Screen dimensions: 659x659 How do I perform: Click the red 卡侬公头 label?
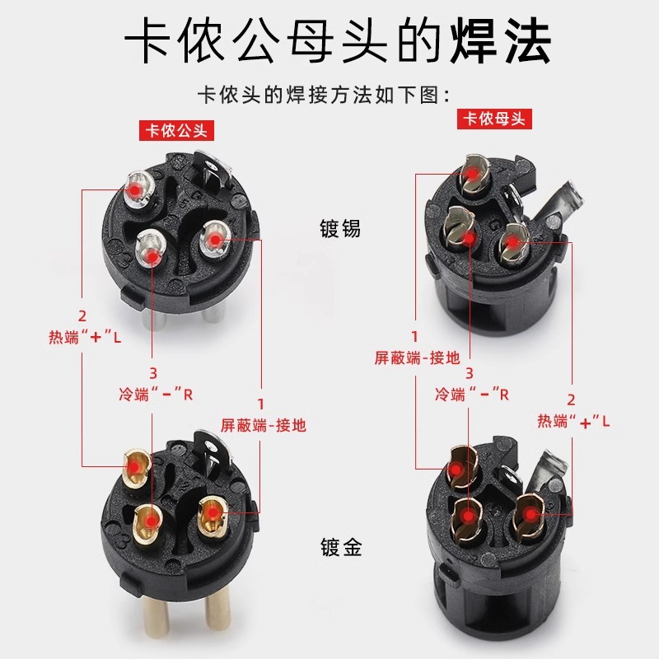[x=176, y=131]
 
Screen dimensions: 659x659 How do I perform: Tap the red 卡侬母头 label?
[x=494, y=119]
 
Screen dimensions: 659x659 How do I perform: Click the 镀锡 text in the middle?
[x=340, y=229]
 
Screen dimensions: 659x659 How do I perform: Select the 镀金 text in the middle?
[x=341, y=547]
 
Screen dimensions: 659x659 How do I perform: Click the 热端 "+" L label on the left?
[x=85, y=337]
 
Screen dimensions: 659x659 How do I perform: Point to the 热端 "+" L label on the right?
[x=573, y=421]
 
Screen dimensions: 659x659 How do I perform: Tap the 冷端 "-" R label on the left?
[x=156, y=395]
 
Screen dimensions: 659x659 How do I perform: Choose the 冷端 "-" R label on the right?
[x=472, y=395]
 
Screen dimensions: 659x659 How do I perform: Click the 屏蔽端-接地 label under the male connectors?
[x=264, y=426]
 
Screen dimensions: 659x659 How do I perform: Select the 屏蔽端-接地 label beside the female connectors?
[x=418, y=358]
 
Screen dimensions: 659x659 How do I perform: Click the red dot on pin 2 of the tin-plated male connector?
[x=135, y=190]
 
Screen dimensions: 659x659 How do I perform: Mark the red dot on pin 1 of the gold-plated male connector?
[x=213, y=512]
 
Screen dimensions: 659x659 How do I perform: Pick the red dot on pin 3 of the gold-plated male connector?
[x=152, y=522]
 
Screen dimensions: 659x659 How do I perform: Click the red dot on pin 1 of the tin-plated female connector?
[x=473, y=173]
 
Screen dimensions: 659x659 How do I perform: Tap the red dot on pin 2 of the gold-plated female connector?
[x=531, y=514]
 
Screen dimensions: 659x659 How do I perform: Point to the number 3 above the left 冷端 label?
[x=153, y=373]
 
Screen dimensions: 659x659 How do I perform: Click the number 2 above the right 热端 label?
[x=571, y=400]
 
